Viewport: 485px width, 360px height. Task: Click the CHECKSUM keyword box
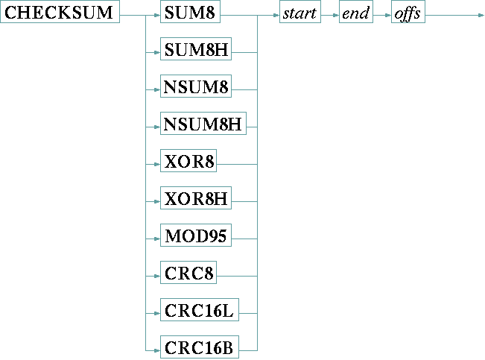click(60, 14)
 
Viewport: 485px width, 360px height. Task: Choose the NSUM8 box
click(196, 88)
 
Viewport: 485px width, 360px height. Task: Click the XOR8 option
click(188, 162)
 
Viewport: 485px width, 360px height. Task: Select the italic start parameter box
click(299, 14)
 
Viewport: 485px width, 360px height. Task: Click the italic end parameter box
click(356, 14)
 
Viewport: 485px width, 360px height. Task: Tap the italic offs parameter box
click(408, 14)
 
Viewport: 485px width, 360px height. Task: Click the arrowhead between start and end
click(336, 14)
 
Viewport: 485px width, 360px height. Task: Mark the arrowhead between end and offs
click(387, 14)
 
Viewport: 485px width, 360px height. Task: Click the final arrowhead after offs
click(481, 14)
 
